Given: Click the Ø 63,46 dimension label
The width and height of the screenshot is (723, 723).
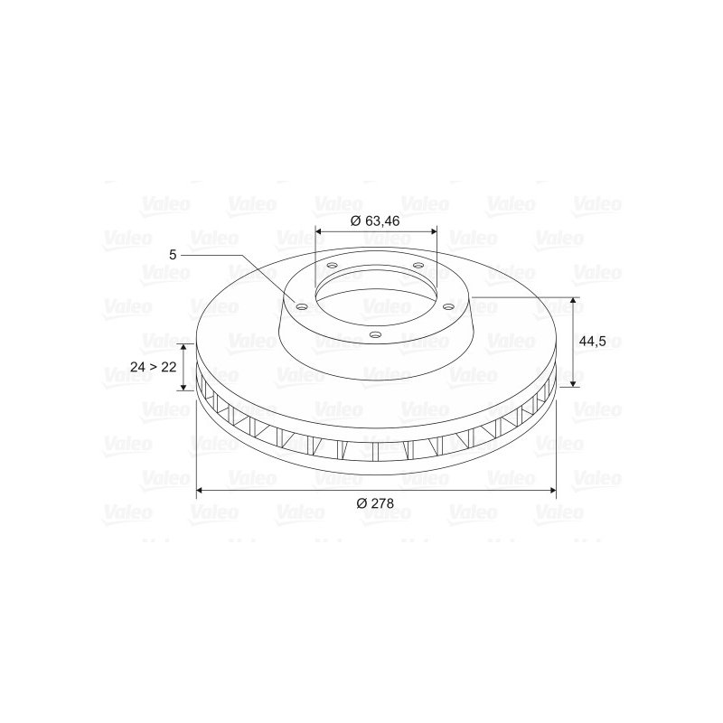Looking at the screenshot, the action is pyautogui.click(x=375, y=221).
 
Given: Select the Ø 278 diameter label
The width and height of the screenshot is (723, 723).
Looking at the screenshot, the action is pyautogui.click(x=375, y=503).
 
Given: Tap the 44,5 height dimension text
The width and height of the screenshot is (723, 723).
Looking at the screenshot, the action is pyautogui.click(x=592, y=342).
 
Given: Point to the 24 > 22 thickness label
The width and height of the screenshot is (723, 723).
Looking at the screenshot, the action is pyautogui.click(x=154, y=367).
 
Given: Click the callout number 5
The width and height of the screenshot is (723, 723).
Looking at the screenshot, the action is pyautogui.click(x=173, y=255).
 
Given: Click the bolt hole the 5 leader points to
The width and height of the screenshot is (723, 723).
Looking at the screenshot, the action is pyautogui.click(x=302, y=306).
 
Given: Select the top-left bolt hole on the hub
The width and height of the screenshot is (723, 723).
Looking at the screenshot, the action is pyautogui.click(x=332, y=266).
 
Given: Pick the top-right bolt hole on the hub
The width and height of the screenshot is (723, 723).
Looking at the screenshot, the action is pyautogui.click(x=418, y=265).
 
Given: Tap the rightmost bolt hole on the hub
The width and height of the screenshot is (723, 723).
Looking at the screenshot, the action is pyautogui.click(x=447, y=306).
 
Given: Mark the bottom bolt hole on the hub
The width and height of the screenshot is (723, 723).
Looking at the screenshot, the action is pyautogui.click(x=376, y=334).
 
